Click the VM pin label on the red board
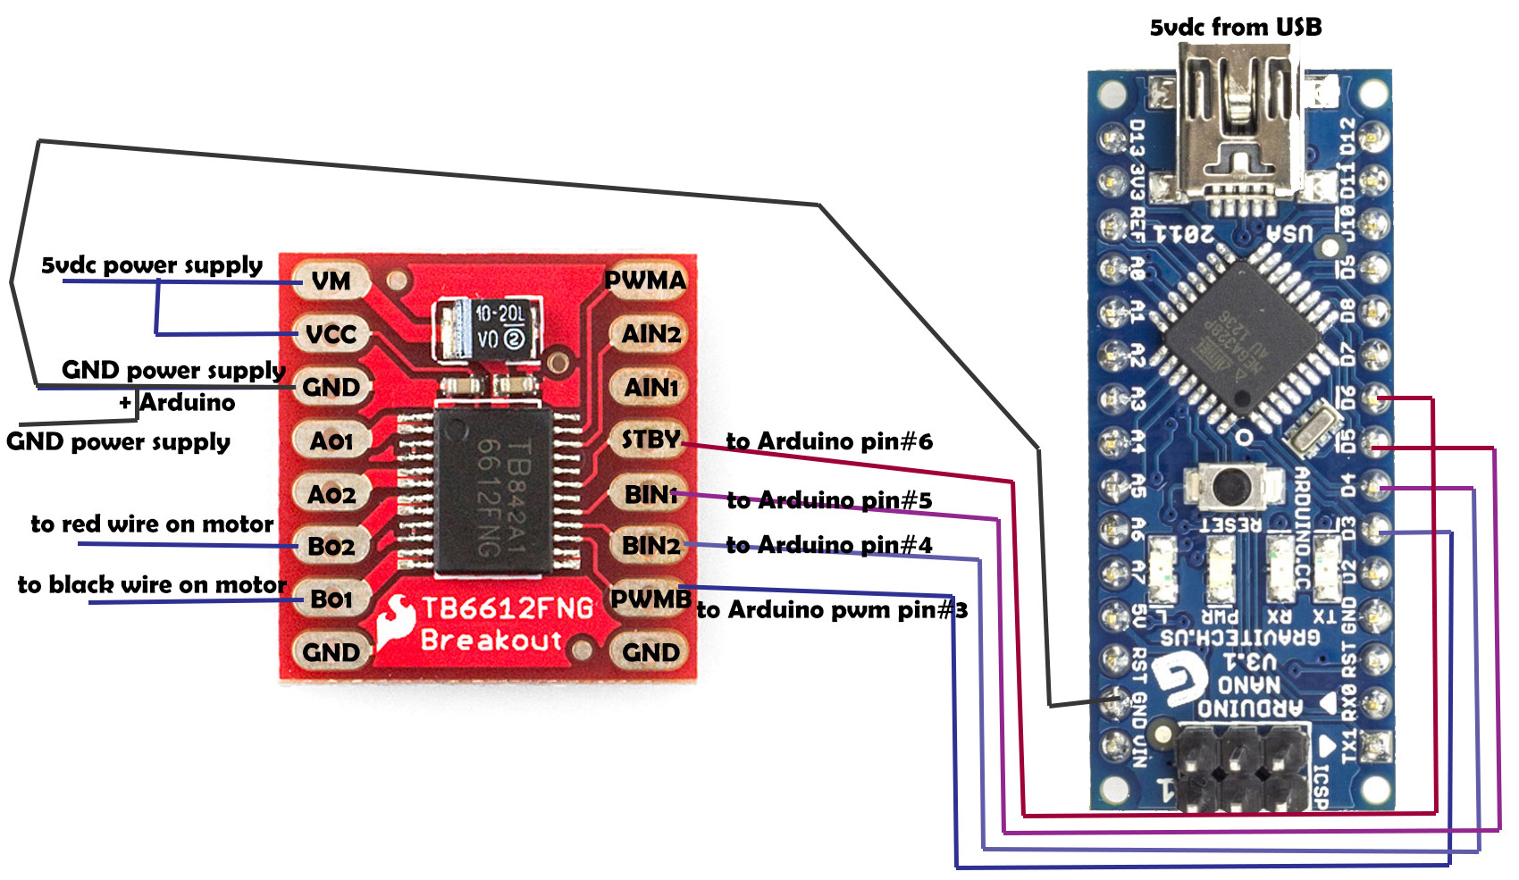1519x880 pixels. (331, 281)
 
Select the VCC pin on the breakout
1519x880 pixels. (331, 335)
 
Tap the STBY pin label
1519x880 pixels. (650, 440)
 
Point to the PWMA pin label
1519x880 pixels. (645, 281)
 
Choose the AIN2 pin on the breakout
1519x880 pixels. (651, 334)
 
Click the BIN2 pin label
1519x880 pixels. (650, 545)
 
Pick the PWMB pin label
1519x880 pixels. (650, 599)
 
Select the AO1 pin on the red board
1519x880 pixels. (331, 440)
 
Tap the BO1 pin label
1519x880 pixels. (331, 599)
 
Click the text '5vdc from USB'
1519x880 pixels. (1235, 28)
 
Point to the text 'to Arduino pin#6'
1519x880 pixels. (829, 441)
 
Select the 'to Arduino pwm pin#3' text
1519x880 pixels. (832, 610)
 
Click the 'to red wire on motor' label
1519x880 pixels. (152, 524)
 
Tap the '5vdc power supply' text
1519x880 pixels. (152, 265)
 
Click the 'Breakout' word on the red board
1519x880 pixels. (491, 641)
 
